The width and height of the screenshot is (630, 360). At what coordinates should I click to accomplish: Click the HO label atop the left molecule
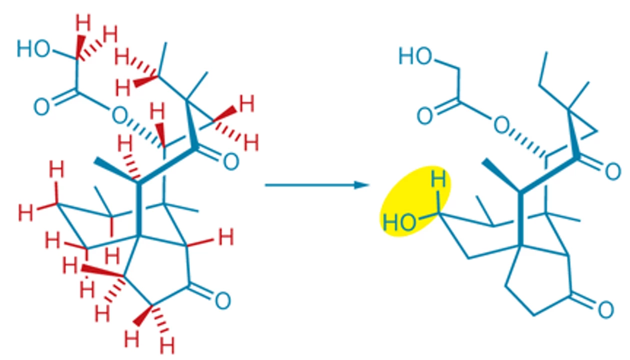click(x=34, y=48)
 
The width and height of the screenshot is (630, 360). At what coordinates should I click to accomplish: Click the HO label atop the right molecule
click(x=415, y=56)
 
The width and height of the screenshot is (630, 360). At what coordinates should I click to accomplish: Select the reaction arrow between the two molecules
click(x=317, y=185)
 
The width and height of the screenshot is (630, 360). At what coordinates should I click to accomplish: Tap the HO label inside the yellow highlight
click(x=399, y=222)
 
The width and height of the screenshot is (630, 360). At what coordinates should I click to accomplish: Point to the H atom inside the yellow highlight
click(x=438, y=178)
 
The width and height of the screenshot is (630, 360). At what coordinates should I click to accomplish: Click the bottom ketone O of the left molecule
click(x=223, y=300)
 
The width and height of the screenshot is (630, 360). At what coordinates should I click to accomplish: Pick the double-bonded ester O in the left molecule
click(x=41, y=107)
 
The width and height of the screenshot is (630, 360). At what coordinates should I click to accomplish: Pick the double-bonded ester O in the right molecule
click(x=424, y=116)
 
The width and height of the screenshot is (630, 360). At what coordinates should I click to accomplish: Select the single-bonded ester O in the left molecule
click(x=119, y=115)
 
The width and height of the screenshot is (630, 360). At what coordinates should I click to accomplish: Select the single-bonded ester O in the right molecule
click(x=502, y=125)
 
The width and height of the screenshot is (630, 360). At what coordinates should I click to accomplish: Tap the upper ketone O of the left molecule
click(x=231, y=161)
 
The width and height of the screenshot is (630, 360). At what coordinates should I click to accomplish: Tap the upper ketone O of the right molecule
click(x=613, y=171)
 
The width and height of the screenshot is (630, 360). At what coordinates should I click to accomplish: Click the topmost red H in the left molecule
click(x=83, y=22)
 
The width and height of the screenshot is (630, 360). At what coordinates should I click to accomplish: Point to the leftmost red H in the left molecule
click(x=25, y=212)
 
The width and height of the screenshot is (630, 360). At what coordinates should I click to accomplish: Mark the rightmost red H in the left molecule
click(x=251, y=143)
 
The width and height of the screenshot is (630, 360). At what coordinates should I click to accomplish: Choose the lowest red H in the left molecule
click(x=167, y=345)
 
